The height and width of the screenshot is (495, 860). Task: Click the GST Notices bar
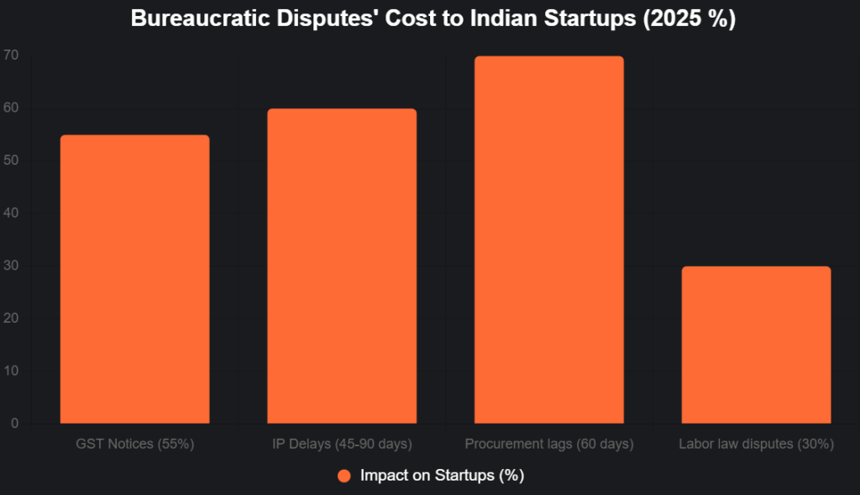click(134, 279)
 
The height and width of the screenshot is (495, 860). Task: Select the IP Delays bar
click(342, 266)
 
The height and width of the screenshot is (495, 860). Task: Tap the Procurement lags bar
click(549, 240)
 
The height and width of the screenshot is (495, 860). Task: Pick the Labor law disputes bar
click(756, 345)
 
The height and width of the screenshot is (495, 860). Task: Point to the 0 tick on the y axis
click(14, 424)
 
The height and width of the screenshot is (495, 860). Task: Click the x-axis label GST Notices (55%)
click(134, 443)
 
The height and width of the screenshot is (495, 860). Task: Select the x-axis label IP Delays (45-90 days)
click(342, 443)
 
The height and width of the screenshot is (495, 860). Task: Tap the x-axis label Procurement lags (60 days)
click(549, 443)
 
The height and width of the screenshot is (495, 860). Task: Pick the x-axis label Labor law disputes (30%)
click(756, 443)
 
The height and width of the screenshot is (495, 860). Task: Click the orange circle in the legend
click(343, 476)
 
